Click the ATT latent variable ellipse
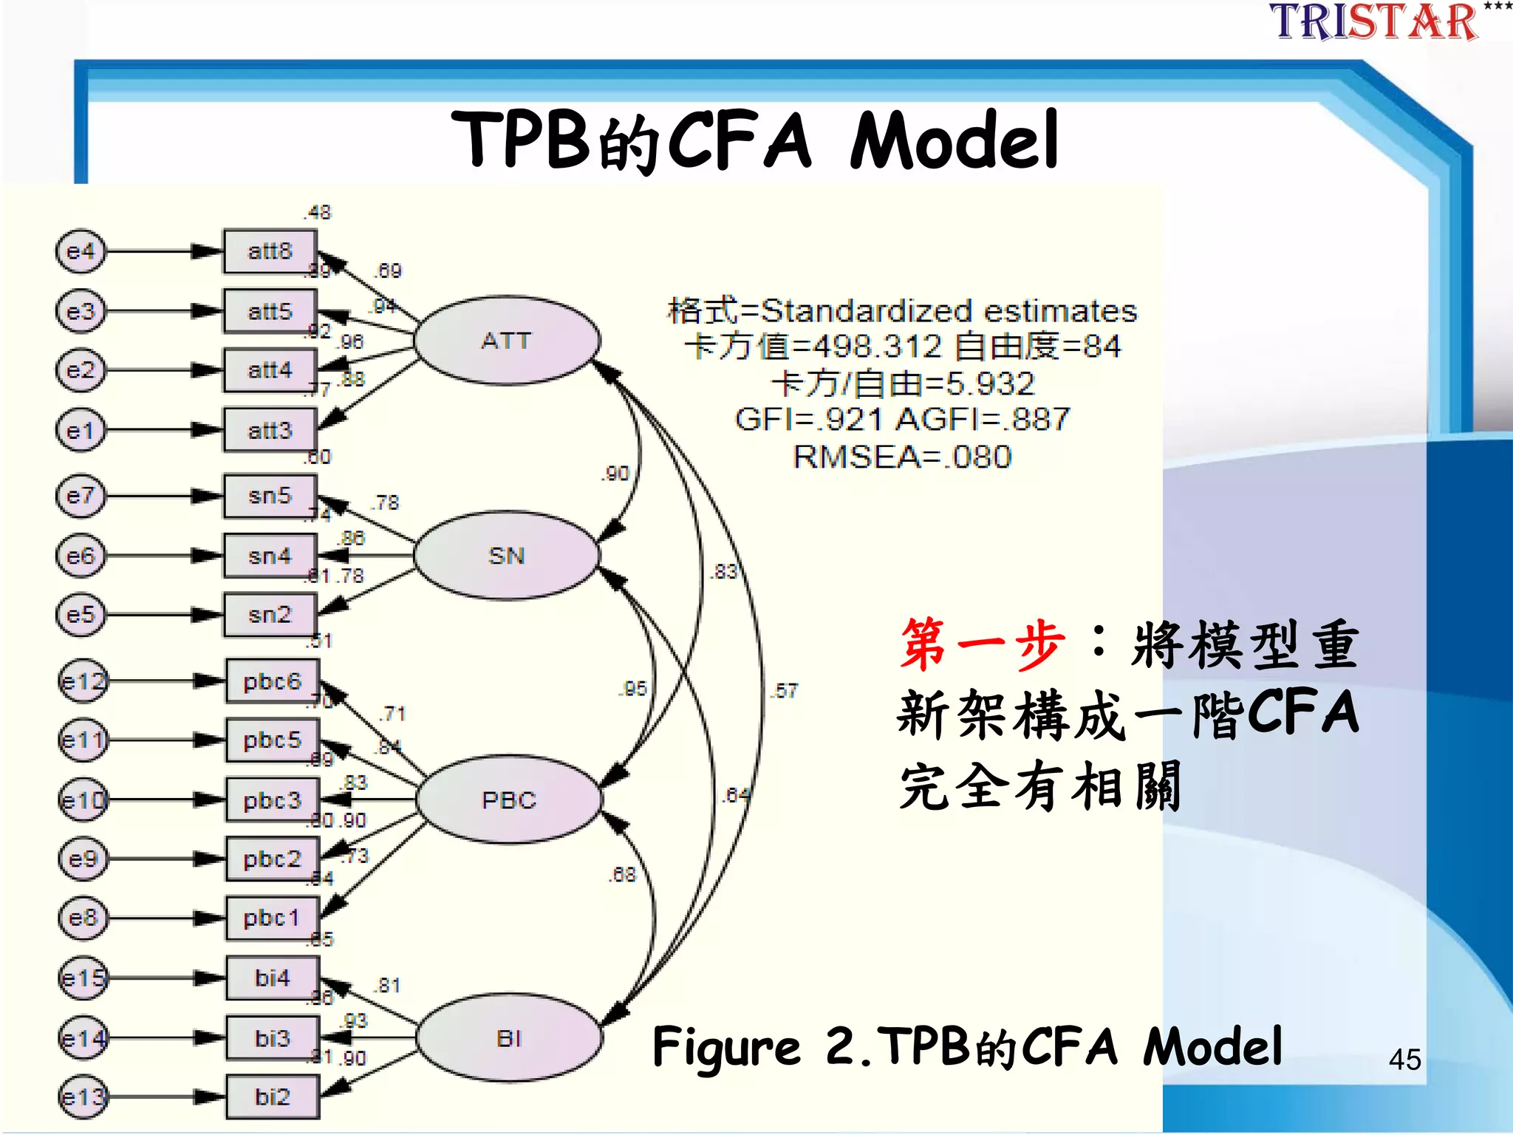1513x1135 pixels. [x=507, y=341]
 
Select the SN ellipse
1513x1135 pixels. [x=507, y=556]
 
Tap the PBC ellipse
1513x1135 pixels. [x=509, y=800]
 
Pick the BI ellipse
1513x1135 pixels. [x=509, y=1038]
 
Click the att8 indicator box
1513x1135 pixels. [x=270, y=251]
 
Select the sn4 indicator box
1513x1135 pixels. [x=270, y=556]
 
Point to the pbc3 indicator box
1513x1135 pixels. [x=273, y=800]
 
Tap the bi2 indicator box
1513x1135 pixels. [x=273, y=1097]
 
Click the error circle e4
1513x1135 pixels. [x=81, y=251]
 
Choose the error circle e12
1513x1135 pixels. [x=83, y=681]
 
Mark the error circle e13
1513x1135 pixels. [x=83, y=1097]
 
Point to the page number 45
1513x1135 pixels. [x=1404, y=1060]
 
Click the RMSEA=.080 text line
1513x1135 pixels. [x=902, y=457]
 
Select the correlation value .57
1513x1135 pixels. [x=785, y=691]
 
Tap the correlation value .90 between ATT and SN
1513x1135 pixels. [x=616, y=474]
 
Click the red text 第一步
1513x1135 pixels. [x=983, y=644]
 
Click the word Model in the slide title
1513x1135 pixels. [x=954, y=140]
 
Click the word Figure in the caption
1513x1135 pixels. [x=726, y=1048]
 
